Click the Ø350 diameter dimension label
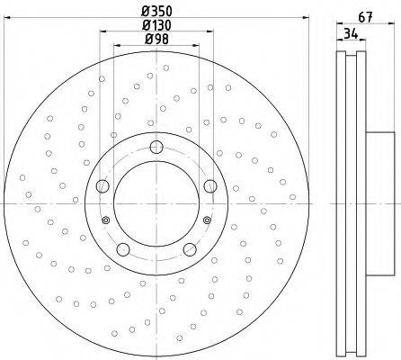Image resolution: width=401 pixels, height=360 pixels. click(x=157, y=12)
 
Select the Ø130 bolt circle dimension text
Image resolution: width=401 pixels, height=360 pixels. click(x=157, y=25)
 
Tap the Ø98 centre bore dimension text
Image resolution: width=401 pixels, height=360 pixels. click(x=156, y=39)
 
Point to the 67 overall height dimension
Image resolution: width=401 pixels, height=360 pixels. click(x=365, y=17)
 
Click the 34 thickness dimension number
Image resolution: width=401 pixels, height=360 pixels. click(x=351, y=33)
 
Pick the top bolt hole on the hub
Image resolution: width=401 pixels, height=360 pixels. click(x=156, y=147)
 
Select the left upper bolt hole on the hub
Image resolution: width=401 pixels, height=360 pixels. click(x=102, y=186)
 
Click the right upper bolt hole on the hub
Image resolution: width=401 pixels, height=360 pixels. click(x=210, y=186)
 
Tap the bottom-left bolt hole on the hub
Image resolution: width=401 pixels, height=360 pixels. click(x=123, y=249)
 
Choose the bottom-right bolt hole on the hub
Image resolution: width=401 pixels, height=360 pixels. click(x=190, y=249)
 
